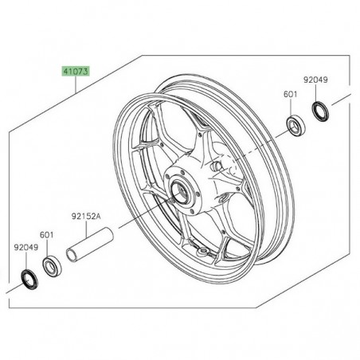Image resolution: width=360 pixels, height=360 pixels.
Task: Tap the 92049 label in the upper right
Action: [x=315, y=80]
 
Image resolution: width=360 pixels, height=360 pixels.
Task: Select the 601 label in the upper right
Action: [x=291, y=95]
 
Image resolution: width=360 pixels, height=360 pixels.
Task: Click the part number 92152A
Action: [x=89, y=214]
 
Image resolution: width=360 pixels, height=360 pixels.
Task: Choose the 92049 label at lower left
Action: [x=26, y=248]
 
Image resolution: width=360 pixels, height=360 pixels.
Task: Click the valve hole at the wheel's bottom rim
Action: [x=209, y=252]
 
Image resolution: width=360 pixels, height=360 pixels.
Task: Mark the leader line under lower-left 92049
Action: [x=26, y=261]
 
